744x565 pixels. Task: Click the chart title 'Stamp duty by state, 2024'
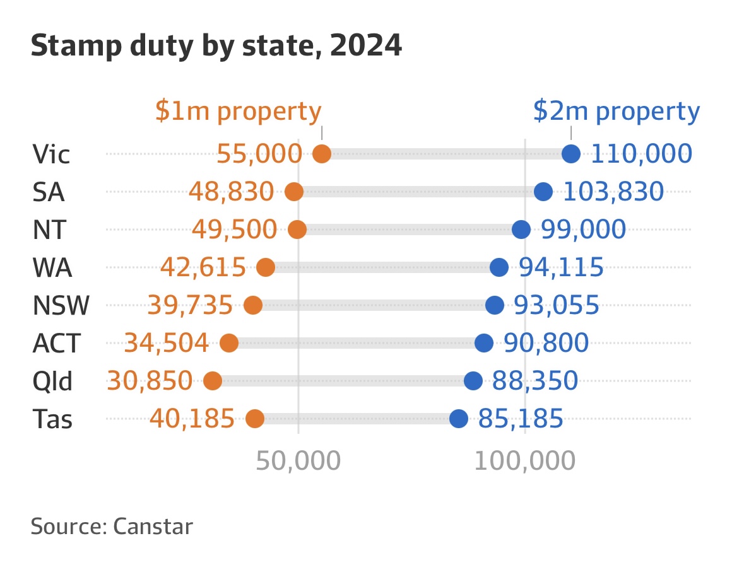pos(216,47)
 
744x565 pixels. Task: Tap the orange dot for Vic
pos(322,154)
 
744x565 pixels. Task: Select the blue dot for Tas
pos(459,419)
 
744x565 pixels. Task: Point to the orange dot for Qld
pos(213,381)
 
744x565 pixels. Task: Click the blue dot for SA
pos(543,192)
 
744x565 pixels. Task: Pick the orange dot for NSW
pos(253,305)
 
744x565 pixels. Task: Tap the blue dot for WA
pos(499,267)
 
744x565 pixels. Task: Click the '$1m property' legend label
pos(238,112)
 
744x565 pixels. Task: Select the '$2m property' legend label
pos(616,112)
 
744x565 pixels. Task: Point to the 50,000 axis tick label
pos(298,462)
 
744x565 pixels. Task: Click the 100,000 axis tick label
pos(525,462)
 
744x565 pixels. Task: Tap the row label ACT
pos(57,344)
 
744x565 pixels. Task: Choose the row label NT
pos(49,230)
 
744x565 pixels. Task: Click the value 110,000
pos(641,154)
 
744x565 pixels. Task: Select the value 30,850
pos(150,381)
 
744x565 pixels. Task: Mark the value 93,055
pos(556,305)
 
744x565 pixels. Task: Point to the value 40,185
pos(192,419)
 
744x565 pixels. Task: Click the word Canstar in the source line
pos(153,527)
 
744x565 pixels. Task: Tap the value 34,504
pos(166,343)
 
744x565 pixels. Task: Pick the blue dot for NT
pos(521,230)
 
